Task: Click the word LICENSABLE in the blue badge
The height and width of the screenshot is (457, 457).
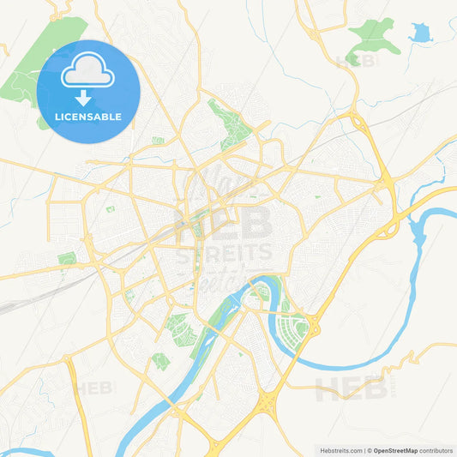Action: click(88, 117)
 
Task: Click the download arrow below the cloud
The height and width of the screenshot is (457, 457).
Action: click(88, 95)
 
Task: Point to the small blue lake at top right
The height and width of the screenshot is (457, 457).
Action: click(420, 34)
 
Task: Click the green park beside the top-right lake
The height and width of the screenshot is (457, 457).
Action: click(375, 34)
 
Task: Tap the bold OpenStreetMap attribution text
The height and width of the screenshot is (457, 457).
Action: click(394, 449)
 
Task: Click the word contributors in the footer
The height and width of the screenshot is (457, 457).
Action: click(436, 449)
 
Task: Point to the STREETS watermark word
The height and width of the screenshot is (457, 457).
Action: click(225, 253)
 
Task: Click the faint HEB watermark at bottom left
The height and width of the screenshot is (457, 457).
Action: click(94, 388)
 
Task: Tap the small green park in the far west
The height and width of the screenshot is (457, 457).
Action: click(66, 258)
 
